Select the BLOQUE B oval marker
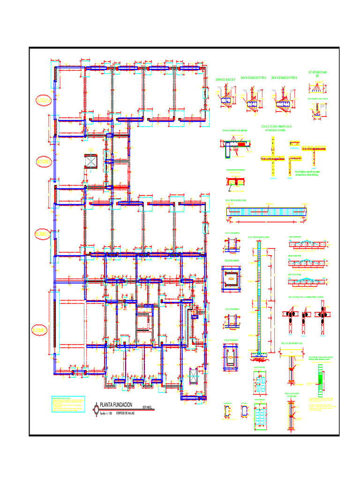coord(44,162)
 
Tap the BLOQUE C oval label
coord(43,233)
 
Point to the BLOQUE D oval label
coord(40,330)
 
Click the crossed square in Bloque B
coord(90,161)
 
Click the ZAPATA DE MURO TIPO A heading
coord(253,78)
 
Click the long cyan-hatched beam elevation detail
coord(267,211)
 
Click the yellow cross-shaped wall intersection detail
coord(273,158)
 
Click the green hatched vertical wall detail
coord(321,380)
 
